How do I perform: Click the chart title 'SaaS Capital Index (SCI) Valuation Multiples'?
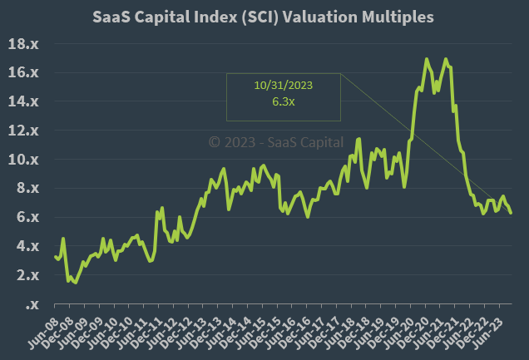264,17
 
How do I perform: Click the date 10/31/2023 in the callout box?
284,85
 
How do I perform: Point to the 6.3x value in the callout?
284,101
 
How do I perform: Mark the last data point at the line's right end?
511,213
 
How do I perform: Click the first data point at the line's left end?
55,256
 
